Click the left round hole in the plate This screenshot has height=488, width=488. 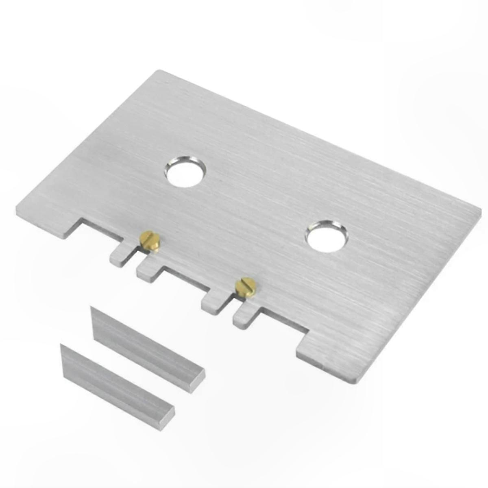(185, 171)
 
